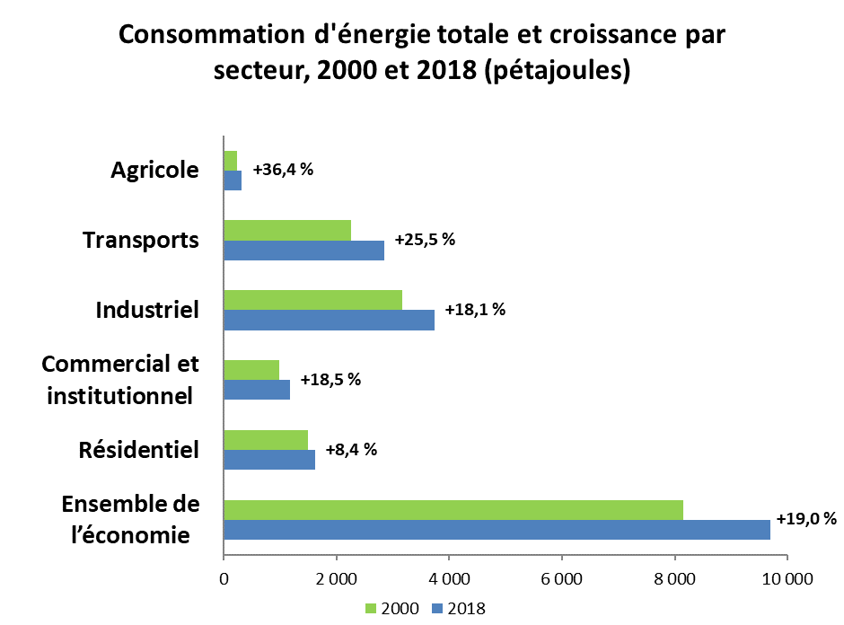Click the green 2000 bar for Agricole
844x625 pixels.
(231, 161)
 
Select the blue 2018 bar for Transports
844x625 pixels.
(304, 251)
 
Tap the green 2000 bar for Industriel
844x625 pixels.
(312, 300)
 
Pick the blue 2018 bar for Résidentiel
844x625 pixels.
(269, 460)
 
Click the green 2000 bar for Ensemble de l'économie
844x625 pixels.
(453, 510)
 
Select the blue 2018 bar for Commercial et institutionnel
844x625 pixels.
(257, 390)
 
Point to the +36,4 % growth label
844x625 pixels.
(283, 170)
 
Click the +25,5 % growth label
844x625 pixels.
(426, 240)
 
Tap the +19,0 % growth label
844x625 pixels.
(806, 518)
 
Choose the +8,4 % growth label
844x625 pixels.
(351, 449)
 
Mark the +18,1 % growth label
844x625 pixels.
(475, 310)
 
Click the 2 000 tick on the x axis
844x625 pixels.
(337, 579)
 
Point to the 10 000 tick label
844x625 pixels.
(787, 579)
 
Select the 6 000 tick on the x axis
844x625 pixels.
(562, 579)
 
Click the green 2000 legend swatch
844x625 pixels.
(370, 608)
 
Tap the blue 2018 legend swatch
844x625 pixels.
(437, 608)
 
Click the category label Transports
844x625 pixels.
(140, 240)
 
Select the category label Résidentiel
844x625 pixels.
(139, 450)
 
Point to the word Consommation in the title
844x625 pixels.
(212, 35)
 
